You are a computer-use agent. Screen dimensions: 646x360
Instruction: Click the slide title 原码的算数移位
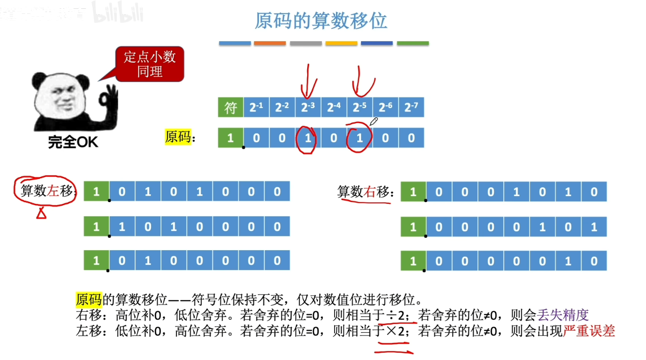point(321,21)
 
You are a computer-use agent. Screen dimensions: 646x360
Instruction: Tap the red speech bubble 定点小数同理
point(149,64)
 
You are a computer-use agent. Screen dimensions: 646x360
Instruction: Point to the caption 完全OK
point(73,142)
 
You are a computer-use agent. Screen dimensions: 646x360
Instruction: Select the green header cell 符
point(230,107)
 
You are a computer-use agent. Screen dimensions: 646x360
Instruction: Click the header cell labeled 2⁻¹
point(256,107)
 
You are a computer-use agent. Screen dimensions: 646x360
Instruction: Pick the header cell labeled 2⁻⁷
point(411,107)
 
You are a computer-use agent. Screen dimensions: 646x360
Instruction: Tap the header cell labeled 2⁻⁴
point(334,107)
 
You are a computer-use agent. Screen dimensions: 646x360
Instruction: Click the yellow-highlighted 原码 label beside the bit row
point(178,138)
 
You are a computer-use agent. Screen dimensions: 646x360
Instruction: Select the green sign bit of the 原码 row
point(230,138)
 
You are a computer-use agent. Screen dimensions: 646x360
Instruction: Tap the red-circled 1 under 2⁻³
point(308,138)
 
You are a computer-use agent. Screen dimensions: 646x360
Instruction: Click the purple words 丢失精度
point(563,315)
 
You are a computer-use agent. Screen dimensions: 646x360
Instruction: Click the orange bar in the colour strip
point(270,44)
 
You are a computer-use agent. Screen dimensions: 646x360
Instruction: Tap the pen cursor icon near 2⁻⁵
point(374,122)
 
